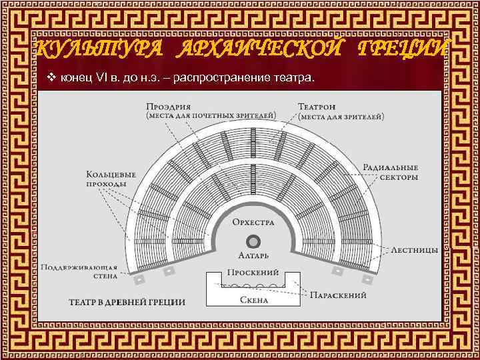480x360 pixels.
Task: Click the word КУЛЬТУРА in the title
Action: pyautogui.click(x=90, y=49)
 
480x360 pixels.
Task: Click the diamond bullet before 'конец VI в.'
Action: pyautogui.click(x=51, y=79)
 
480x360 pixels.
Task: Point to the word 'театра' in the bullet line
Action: pyautogui.click(x=291, y=79)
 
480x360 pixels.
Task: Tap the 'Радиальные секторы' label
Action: pyautogui.click(x=391, y=173)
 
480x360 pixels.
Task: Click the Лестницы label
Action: pyautogui.click(x=414, y=249)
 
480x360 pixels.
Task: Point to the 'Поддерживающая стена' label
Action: pyautogui.click(x=80, y=270)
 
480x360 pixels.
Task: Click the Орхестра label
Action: pyautogui.click(x=253, y=221)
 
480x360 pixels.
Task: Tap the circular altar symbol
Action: pyautogui.click(x=253, y=241)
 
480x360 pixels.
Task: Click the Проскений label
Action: pyautogui.click(x=249, y=273)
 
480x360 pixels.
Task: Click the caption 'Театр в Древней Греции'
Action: pyautogui.click(x=127, y=301)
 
